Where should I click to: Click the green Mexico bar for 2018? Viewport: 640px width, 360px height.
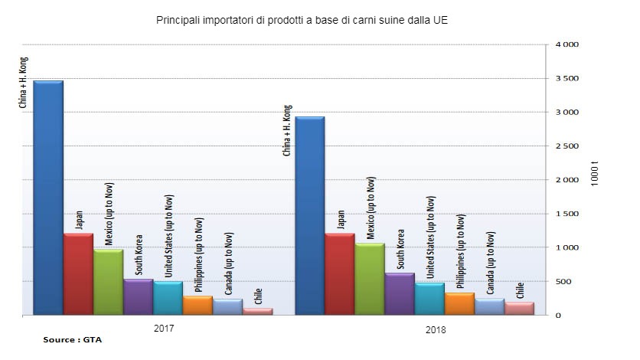[369, 280]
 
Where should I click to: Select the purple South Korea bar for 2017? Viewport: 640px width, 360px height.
[137, 297]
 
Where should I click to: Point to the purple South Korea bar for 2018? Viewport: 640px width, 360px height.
[399, 294]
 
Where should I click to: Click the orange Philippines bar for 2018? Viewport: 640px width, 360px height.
[459, 304]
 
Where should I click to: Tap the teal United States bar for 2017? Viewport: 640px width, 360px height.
[167, 299]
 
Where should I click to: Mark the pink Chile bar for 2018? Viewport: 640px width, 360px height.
[518, 309]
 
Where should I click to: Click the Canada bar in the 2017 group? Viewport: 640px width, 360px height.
[227, 307]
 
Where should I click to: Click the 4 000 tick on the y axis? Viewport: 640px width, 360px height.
[566, 45]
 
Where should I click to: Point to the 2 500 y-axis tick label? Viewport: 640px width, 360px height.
[566, 146]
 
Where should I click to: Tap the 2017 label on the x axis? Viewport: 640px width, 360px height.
[163, 327]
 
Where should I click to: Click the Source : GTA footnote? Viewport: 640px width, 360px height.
[72, 339]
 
